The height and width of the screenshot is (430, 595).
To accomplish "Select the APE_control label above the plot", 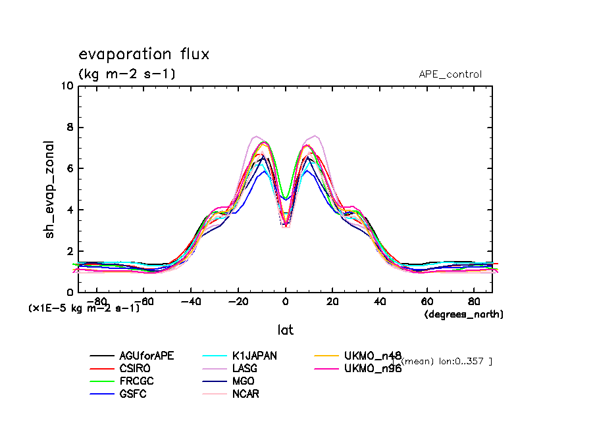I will click(450, 74).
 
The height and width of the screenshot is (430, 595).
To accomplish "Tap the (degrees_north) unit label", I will click(463, 314).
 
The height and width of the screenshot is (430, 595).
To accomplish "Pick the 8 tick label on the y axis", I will click(70, 128).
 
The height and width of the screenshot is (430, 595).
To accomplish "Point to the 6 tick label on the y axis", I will click(70, 169).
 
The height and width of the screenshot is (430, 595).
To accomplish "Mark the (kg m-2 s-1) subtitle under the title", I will click(126, 74).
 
